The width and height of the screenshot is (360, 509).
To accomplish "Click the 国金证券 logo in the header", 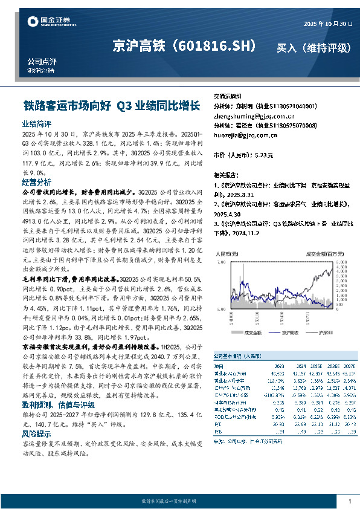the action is pos(46,22).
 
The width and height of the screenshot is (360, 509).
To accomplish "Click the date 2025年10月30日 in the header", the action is pos(327,24).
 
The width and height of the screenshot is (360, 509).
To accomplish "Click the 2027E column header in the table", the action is pos(349,366).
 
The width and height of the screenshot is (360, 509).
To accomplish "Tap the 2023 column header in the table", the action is pos(279,366).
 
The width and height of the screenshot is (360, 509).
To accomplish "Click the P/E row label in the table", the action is pos(218,423).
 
